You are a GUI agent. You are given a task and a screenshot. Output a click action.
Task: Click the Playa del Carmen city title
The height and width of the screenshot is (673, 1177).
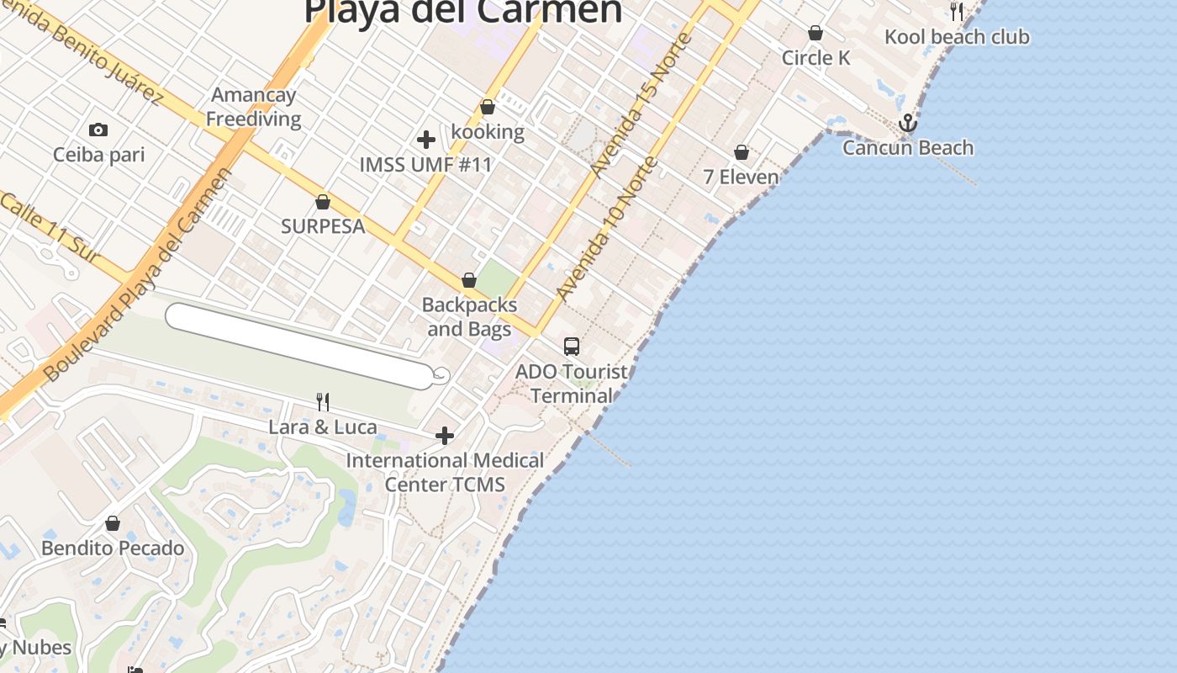tap(462, 12)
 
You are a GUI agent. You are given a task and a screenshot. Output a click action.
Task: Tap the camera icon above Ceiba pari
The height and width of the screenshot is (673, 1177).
tap(98, 130)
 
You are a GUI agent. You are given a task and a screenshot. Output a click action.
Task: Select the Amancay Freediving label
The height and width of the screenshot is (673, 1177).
tap(253, 107)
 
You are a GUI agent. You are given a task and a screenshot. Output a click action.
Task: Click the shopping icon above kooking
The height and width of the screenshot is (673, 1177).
tap(488, 108)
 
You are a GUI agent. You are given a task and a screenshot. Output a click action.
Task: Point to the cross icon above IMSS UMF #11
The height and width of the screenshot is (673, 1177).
tap(426, 140)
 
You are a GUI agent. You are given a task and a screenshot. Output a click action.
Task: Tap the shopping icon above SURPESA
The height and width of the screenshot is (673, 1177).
tap(323, 202)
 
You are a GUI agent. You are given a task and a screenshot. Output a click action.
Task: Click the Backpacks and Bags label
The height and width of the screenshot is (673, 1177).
tap(469, 316)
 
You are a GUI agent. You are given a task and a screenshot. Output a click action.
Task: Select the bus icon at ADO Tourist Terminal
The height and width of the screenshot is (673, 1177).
tap(572, 346)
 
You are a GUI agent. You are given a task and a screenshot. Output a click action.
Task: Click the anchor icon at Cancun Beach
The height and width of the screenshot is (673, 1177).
tap(907, 125)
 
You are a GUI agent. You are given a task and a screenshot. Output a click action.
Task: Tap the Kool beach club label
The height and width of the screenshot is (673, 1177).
tap(957, 37)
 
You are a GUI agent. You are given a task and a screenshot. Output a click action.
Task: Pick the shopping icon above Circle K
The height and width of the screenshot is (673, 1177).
tap(815, 34)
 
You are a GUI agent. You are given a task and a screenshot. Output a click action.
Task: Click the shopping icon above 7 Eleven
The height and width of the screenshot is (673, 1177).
tap(742, 152)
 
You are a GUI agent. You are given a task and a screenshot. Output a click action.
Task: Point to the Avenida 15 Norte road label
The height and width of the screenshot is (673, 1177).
tap(641, 104)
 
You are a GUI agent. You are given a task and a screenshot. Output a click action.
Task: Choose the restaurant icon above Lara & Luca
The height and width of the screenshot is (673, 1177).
tap(322, 402)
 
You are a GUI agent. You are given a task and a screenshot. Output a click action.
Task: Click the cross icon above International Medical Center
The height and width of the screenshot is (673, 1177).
tap(445, 436)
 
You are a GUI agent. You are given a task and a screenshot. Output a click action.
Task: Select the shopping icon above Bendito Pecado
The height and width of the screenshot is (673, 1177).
tap(113, 524)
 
